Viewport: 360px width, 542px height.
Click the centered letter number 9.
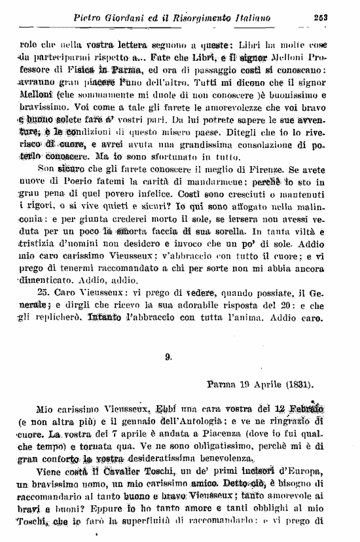pos(168,357)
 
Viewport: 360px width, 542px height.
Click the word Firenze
pos(298,179)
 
